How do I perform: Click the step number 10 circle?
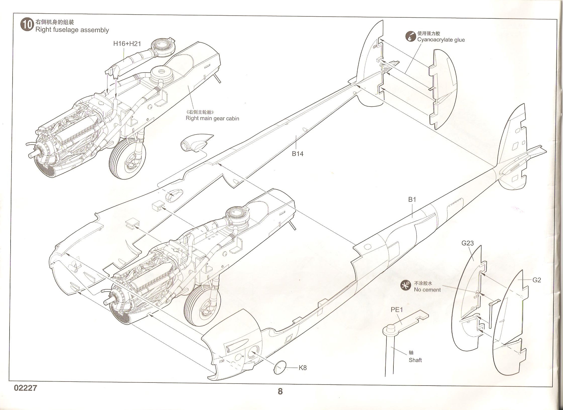tap(27, 25)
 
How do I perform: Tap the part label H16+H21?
tap(127, 44)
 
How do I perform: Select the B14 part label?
tap(297, 154)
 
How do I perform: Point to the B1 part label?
tap(412, 200)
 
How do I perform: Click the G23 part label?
tap(467, 243)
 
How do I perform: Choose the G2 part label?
tap(537, 280)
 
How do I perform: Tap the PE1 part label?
tap(397, 310)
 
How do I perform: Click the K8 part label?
tap(303, 368)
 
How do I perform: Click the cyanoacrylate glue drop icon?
tap(410, 37)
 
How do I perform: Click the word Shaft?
tap(415, 360)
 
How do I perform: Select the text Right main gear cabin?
tap(212, 118)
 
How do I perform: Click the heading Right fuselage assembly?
tap(72, 30)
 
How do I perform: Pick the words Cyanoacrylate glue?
tap(441, 40)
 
